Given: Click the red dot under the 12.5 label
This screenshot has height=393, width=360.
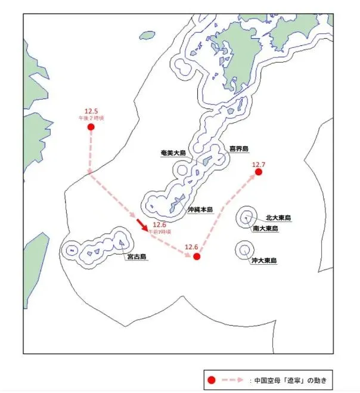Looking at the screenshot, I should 91,127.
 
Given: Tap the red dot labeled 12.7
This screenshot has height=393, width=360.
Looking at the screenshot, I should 259,172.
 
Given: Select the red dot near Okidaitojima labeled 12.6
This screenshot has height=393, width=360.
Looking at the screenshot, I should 197,256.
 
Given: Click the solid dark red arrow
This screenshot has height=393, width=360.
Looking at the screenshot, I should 142,224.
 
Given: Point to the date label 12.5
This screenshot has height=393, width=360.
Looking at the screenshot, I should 91,111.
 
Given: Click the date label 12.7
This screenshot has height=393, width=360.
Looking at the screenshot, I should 259,164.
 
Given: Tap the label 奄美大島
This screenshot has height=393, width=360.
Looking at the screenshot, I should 173,153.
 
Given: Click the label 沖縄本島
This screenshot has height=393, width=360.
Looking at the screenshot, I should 200,210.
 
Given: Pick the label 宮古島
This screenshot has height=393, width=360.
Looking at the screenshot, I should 136,258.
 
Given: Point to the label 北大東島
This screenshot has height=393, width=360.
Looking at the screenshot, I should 278,218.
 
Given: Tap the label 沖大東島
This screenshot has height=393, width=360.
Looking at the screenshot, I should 263,261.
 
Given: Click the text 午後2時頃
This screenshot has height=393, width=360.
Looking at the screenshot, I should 91,119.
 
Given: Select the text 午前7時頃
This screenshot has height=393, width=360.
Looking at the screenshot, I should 159,231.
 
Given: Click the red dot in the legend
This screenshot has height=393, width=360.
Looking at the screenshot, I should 210,380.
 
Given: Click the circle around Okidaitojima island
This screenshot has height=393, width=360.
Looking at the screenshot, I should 244,249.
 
